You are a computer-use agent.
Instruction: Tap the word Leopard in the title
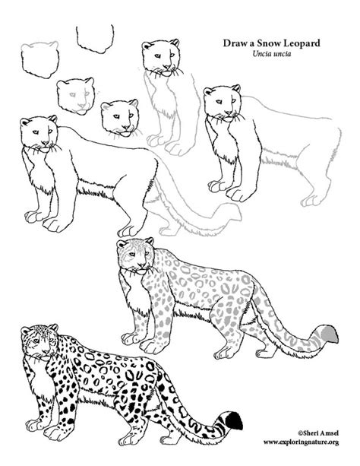coord(302,43)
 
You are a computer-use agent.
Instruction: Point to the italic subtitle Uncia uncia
coord(271,54)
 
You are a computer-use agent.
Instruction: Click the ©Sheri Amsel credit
coord(317,433)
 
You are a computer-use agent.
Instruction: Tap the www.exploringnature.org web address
coord(301,442)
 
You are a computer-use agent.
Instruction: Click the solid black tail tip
coord(234,420)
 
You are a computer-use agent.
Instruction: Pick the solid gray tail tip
coord(330,334)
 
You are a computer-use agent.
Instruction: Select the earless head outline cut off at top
coord(95,39)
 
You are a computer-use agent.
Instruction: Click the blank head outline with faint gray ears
coord(39,59)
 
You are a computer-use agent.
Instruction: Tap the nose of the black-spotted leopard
coord(46,352)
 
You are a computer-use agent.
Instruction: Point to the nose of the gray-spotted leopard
coord(142,265)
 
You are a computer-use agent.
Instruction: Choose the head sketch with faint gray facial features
coord(76,96)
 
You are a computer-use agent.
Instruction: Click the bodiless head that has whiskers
coord(120,119)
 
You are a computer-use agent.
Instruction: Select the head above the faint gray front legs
coord(162,58)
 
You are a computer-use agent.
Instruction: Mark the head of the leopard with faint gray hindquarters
coord(223,103)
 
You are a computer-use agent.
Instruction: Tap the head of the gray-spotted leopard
coord(136,256)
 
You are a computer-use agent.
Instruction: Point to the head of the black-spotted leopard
coord(39,342)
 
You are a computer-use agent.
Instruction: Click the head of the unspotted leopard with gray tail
coord(39,135)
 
